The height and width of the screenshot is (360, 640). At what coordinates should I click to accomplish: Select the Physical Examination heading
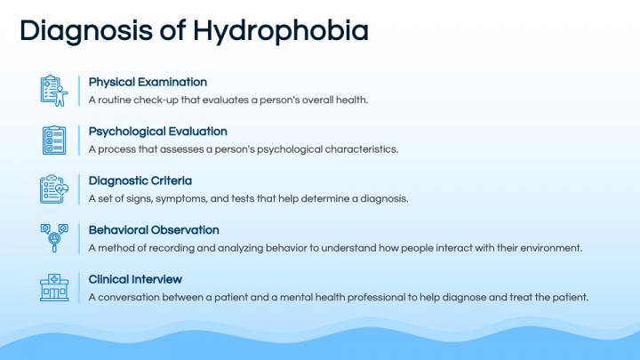[x=148, y=83]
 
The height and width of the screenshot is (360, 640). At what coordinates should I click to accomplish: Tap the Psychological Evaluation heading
[x=158, y=132]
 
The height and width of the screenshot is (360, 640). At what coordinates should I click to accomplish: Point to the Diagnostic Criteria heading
[x=140, y=180]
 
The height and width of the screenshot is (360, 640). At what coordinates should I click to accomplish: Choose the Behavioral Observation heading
[x=153, y=229]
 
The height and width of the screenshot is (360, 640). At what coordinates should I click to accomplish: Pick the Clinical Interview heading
[x=135, y=278]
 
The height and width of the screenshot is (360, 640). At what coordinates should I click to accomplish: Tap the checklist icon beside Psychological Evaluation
[x=54, y=140]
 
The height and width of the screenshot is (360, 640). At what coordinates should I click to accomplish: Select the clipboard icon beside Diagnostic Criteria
[x=54, y=188]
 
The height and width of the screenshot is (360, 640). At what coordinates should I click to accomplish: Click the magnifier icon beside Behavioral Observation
[x=54, y=237]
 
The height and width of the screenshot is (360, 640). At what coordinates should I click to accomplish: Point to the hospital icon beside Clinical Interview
[x=54, y=286]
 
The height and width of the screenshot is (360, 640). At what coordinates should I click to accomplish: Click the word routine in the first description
[x=113, y=100]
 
